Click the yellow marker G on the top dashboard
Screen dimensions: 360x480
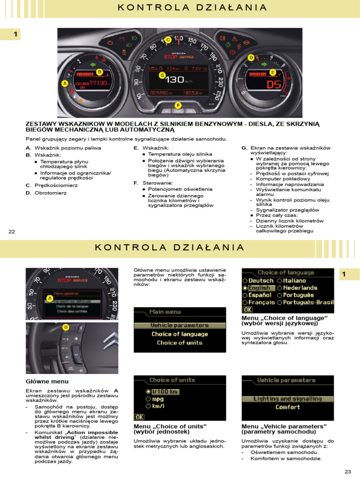point(162,75)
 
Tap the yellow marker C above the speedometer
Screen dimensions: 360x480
point(168,40)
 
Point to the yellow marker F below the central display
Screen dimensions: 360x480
point(178,105)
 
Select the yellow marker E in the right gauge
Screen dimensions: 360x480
point(272,72)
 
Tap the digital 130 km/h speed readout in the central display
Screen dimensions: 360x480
point(178,80)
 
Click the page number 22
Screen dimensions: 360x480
point(12,232)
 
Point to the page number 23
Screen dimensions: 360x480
point(347,472)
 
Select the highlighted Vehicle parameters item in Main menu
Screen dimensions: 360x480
point(180,325)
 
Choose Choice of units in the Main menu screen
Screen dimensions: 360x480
point(180,343)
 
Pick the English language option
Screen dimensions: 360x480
point(259,288)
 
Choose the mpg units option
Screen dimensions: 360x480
point(157,399)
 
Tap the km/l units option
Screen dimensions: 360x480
point(157,406)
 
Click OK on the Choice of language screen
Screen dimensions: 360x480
point(247,310)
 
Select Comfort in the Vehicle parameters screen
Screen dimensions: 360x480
point(287,407)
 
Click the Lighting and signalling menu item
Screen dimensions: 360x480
point(287,399)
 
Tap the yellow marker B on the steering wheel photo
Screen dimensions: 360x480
point(66,327)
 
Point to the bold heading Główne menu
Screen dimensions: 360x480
point(47,382)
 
